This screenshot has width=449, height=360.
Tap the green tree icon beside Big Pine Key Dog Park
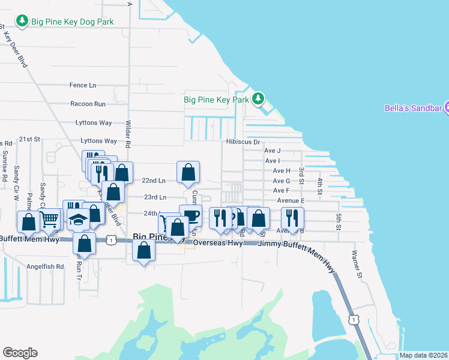pos(22,22)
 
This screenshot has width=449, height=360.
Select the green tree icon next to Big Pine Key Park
pos(258,98)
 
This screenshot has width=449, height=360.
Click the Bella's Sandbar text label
pos(413,109)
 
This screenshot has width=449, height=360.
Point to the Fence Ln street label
pos(83,85)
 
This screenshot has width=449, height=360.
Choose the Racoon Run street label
pos(88,104)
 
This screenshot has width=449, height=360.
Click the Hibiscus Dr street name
pos(243,142)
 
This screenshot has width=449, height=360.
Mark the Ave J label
pos(273,151)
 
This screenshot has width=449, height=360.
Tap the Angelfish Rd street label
pos(44,266)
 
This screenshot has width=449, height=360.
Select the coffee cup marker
pos(190,215)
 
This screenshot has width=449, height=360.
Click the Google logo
pos(20,353)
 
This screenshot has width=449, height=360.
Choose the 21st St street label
pos(29,139)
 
